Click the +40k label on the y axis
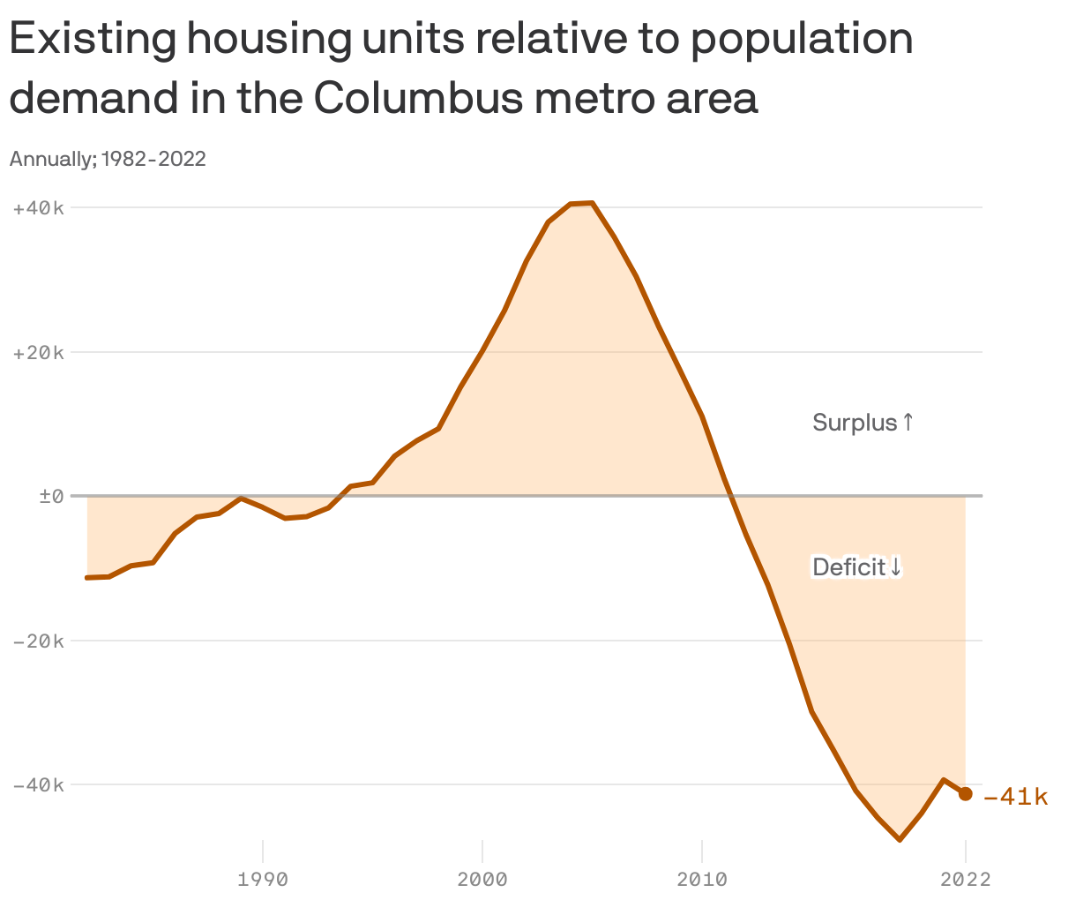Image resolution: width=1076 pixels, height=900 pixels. tap(39, 208)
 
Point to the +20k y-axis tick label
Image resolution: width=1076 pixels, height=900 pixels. tap(39, 353)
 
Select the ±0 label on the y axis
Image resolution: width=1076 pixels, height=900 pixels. tap(51, 497)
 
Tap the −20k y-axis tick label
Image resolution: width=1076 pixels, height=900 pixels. tap(39, 641)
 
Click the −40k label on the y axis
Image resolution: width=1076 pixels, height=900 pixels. tap(39, 785)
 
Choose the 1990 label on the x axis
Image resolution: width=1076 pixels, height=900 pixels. tap(263, 880)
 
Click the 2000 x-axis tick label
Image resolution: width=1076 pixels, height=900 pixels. tap(482, 880)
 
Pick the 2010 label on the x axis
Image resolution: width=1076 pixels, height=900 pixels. tap(702, 880)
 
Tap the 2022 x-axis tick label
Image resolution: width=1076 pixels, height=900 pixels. tap(966, 880)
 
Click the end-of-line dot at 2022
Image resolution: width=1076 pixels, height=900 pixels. tap(966, 794)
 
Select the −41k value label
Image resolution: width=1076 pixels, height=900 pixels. tap(1015, 797)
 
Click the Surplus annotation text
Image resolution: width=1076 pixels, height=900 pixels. tap(854, 423)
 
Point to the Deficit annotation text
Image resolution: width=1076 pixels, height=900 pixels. tap(848, 566)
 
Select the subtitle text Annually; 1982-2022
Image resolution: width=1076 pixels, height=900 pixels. tap(108, 159)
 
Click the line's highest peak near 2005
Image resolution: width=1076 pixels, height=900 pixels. tap(592, 203)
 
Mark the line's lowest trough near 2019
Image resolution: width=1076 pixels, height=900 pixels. tap(900, 839)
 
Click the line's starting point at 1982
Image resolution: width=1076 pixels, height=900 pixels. tap(87, 578)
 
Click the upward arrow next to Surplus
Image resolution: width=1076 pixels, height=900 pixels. tap(908, 423)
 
